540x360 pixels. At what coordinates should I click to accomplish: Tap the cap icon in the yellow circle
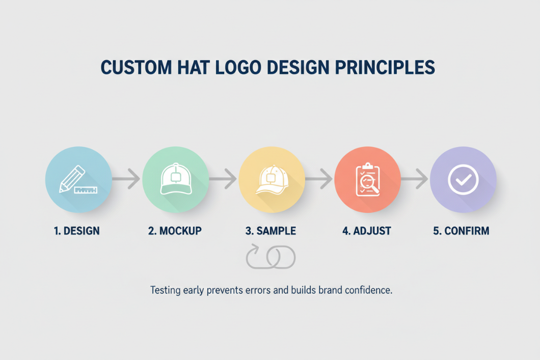click(x=271, y=180)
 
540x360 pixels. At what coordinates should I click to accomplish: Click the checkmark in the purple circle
click(x=463, y=179)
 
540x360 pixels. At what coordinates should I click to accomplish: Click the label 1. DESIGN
click(x=76, y=231)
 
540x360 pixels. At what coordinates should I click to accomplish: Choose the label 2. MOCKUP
click(x=175, y=231)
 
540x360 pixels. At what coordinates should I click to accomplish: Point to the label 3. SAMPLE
click(x=271, y=231)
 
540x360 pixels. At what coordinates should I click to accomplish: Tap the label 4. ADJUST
click(x=366, y=231)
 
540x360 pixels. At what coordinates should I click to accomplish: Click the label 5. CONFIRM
click(x=461, y=231)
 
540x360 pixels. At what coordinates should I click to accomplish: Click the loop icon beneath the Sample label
click(x=271, y=257)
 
